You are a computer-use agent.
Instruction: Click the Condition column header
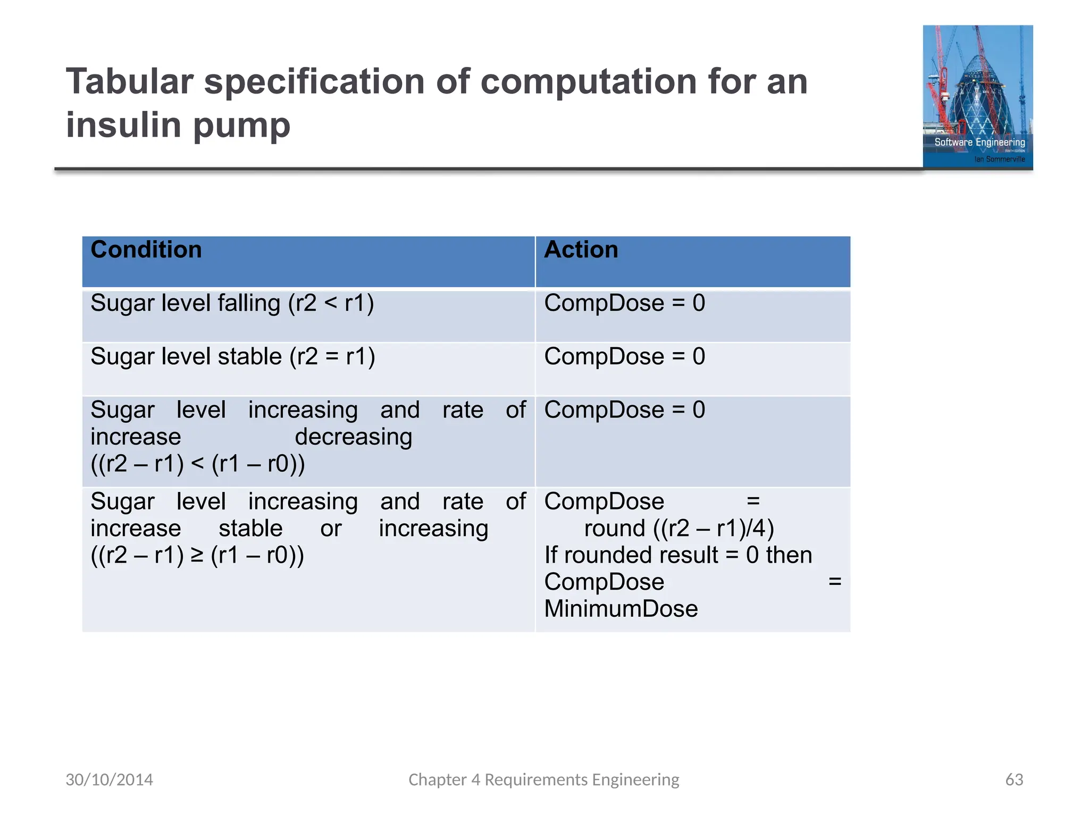(146, 250)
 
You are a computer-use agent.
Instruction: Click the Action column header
(581, 250)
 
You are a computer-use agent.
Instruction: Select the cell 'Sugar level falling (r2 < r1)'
(232, 304)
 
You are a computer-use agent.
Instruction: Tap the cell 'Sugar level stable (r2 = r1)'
(232, 357)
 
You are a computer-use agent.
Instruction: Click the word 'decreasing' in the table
(353, 437)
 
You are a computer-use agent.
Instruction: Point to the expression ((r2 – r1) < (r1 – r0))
(197, 464)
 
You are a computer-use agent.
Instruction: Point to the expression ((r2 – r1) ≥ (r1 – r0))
(197, 555)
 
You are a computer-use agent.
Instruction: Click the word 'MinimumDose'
(621, 609)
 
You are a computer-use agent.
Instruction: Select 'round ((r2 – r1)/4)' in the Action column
(678, 529)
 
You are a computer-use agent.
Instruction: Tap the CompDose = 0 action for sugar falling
(624, 304)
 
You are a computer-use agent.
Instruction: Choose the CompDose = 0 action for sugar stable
(624, 357)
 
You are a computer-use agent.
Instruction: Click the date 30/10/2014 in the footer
(109, 779)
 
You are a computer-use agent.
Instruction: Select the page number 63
(1014, 779)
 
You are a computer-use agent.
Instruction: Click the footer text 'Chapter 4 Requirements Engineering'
(543, 779)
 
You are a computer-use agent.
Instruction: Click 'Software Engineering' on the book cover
(979, 142)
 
